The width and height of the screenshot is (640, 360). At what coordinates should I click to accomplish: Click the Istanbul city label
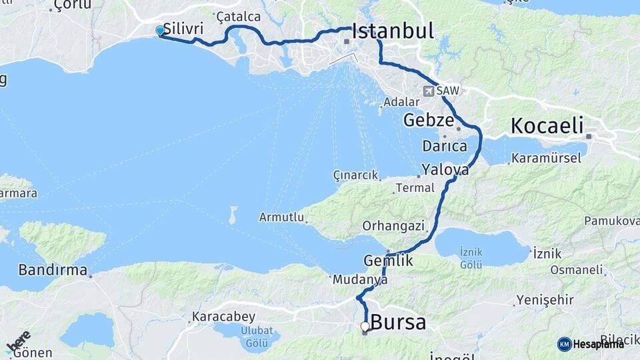tap(393, 31)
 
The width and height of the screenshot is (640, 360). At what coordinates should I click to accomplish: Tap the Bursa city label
tap(398, 323)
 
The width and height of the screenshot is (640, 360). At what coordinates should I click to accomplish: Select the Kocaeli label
tap(547, 125)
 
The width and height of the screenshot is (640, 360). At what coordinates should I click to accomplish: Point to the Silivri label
tap(183, 30)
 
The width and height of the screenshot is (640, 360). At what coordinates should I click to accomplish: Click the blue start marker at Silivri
tap(160, 31)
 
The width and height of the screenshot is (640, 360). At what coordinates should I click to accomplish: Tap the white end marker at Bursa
tap(365, 326)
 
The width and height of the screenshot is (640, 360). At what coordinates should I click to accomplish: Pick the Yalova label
tap(445, 170)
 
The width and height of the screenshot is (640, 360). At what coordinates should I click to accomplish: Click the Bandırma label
tap(53, 271)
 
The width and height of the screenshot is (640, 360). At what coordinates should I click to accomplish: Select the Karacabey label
tap(220, 316)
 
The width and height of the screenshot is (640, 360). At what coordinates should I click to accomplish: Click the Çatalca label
tap(234, 15)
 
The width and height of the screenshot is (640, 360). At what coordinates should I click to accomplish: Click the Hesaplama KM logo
tap(591, 344)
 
